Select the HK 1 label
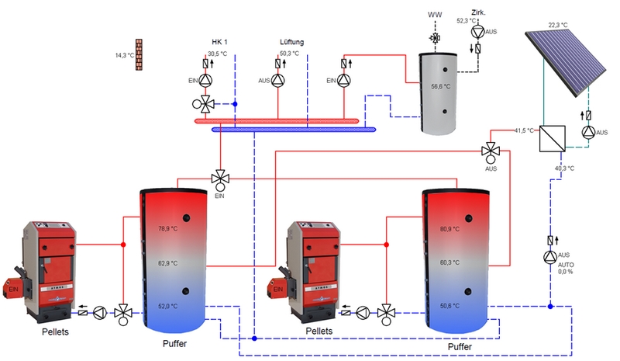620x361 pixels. (x=221, y=42)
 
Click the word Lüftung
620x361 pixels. (x=292, y=42)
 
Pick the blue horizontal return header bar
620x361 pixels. (x=294, y=130)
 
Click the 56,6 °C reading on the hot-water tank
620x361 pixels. (x=441, y=88)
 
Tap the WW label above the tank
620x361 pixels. (x=435, y=16)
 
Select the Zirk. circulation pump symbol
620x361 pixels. (x=477, y=32)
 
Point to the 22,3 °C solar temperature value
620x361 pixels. (x=558, y=26)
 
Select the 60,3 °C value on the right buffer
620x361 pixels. (x=450, y=263)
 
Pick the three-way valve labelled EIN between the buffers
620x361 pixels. (x=220, y=178)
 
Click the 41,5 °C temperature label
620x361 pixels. (x=525, y=130)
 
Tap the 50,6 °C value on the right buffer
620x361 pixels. (x=450, y=307)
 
